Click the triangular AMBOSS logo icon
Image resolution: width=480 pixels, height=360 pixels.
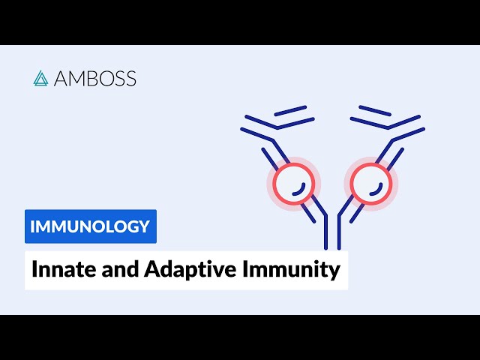(40, 78)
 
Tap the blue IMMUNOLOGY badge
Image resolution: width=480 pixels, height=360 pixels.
(91, 226)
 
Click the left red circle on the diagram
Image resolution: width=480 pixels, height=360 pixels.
(293, 184)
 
